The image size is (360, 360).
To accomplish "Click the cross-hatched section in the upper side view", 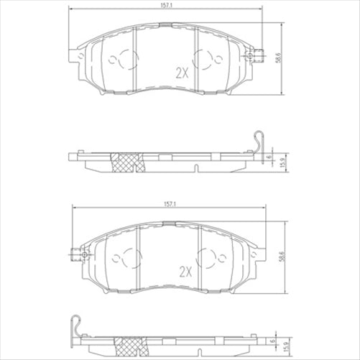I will pos(129,163).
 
